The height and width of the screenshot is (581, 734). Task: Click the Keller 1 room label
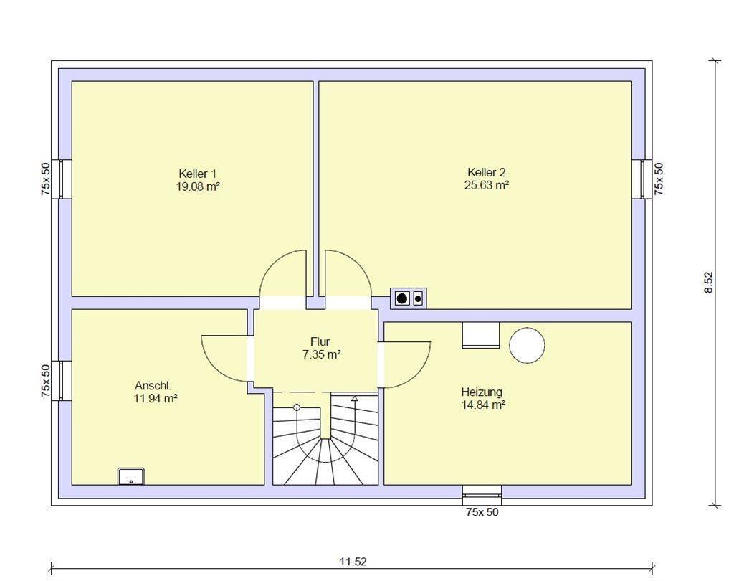tap(197, 174)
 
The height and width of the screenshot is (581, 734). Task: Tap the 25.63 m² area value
tap(486, 185)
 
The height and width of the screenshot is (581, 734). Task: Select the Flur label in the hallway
tap(320, 341)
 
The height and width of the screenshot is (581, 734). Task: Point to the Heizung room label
tap(481, 392)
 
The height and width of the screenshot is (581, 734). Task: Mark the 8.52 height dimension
tap(708, 282)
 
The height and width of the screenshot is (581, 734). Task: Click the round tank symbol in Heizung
tap(527, 344)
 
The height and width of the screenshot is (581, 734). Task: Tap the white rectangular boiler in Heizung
tap(480, 335)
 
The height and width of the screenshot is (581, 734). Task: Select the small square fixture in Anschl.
tap(131, 476)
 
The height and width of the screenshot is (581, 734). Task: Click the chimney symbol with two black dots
tap(407, 298)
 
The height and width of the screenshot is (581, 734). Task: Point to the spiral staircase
tap(325, 441)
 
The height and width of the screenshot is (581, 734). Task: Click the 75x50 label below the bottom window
tap(482, 512)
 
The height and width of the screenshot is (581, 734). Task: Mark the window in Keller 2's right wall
tap(646, 179)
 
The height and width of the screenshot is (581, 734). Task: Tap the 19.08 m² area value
tap(197, 186)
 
